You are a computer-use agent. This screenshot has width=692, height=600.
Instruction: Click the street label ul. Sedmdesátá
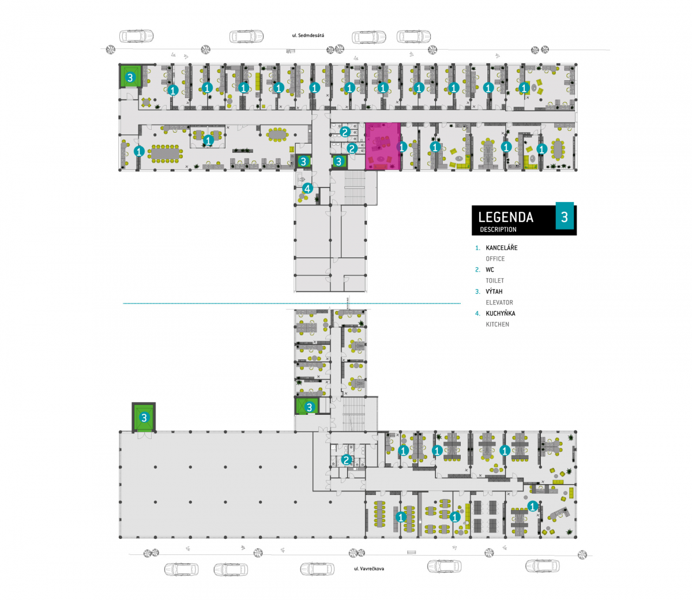pyautogui.click(x=308, y=35)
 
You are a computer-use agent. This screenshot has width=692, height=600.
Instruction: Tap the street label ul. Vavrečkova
pyautogui.click(x=369, y=568)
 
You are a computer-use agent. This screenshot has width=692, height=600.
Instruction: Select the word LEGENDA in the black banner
pyautogui.click(x=506, y=217)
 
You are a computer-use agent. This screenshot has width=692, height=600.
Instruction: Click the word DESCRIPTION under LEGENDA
pyautogui.click(x=498, y=230)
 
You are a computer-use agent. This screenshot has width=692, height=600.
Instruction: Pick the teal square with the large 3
pyautogui.click(x=565, y=216)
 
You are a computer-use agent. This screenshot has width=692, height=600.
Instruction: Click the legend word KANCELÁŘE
pyautogui.click(x=502, y=248)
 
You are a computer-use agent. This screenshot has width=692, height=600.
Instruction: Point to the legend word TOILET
pyautogui.click(x=495, y=280)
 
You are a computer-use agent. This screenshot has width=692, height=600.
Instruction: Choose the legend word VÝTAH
pyautogui.click(x=494, y=291)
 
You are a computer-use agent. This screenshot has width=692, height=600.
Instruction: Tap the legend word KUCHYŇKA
pyautogui.click(x=501, y=313)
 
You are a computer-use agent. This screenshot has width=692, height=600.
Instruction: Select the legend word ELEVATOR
pyautogui.click(x=499, y=302)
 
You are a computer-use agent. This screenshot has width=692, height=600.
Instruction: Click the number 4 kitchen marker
pyautogui.click(x=307, y=189)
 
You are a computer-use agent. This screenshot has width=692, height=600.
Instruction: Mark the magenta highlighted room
pyautogui.click(x=383, y=147)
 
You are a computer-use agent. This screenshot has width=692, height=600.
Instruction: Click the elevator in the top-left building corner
pyautogui.click(x=130, y=77)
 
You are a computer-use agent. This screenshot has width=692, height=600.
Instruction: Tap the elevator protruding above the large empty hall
pyautogui.click(x=144, y=417)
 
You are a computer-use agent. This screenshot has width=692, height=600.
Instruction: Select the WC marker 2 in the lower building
pyautogui.click(x=347, y=460)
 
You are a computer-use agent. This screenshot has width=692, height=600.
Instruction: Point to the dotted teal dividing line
pyautogui.click(x=292, y=303)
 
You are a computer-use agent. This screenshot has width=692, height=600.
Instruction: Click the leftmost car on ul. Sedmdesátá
pyautogui.click(x=137, y=36)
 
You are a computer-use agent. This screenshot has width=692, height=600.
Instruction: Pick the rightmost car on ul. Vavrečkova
pyautogui.click(x=542, y=566)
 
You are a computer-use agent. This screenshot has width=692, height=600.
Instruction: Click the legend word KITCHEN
pyautogui.click(x=498, y=324)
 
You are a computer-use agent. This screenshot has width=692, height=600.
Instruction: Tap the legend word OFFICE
pyautogui.click(x=495, y=258)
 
